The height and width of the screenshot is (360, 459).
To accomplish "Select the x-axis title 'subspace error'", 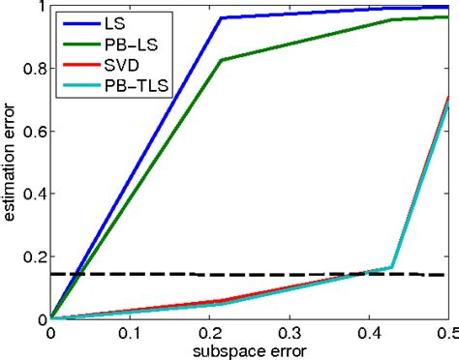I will (250, 348).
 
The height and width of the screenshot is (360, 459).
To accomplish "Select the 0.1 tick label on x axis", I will (130, 333).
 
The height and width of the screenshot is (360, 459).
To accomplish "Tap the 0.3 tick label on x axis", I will (290, 333).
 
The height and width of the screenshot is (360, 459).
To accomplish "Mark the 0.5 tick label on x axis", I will (447, 333).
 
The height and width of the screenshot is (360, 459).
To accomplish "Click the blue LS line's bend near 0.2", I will (222, 17).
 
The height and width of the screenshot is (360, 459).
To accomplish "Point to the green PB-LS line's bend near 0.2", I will (222, 60).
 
